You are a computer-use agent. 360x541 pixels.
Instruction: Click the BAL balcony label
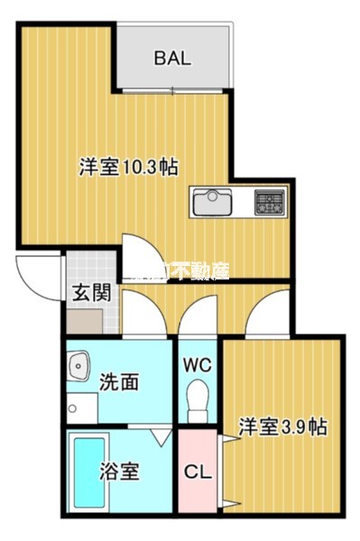coord(171,59)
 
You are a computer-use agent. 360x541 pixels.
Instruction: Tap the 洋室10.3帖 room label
coord(127,167)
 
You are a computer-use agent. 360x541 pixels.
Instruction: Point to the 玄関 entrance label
coord(91,293)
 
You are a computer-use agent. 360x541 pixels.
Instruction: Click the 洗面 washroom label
coord(119,382)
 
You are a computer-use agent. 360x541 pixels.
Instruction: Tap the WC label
coord(198,365)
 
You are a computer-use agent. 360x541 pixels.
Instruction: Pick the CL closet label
coord(197,472)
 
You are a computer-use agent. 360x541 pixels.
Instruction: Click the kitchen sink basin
coord(211,200)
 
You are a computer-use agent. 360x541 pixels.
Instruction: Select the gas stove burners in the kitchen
coord(270,201)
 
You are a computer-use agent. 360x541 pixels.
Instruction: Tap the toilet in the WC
coord(197,399)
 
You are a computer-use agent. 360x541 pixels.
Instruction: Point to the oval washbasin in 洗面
coord(79,368)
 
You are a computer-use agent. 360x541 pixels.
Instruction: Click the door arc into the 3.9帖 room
coord(266,316)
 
